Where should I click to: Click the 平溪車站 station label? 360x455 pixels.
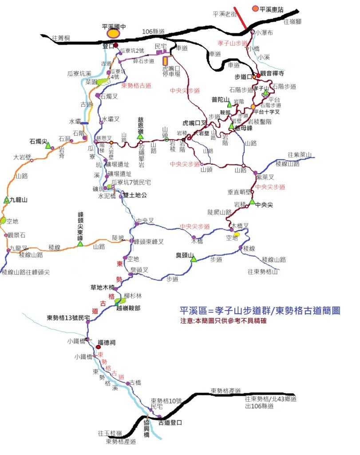click(272, 9)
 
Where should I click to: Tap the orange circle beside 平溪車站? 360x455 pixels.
click(255, 8)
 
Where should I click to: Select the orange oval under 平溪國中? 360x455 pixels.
click(114, 33)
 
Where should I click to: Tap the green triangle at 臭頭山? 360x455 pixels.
click(194, 259)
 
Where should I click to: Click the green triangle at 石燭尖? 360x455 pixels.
click(48, 145)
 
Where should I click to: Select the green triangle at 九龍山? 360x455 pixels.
click(6, 200)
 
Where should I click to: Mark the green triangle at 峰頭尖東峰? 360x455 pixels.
click(80, 243)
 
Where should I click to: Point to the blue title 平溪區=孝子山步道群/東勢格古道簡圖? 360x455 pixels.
click(260, 311)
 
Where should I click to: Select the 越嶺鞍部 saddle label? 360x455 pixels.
click(130, 307)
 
